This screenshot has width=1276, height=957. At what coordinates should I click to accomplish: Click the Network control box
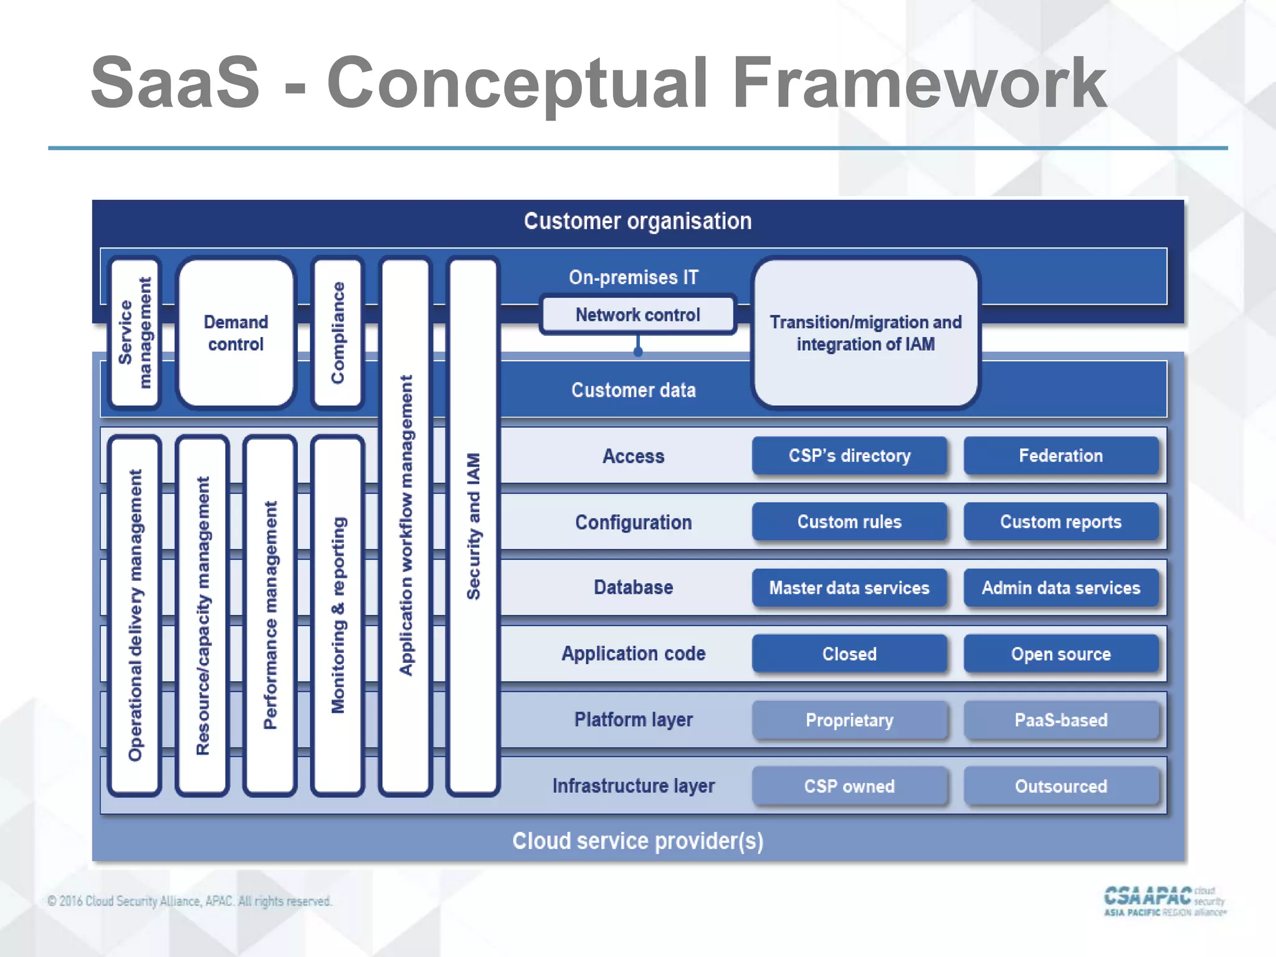click(637, 315)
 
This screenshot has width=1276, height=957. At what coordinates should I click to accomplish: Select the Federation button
click(1060, 455)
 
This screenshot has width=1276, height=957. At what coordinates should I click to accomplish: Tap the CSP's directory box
click(849, 455)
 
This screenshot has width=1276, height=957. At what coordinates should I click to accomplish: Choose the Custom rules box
click(849, 521)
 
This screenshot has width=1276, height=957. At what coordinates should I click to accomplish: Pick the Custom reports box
click(1060, 521)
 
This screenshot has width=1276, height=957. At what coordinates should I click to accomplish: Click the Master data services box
click(849, 588)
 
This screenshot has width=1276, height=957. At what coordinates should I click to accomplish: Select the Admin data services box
click(1060, 588)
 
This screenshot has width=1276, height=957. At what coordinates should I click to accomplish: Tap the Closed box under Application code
click(849, 654)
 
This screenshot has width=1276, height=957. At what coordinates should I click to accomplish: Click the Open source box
click(1060, 654)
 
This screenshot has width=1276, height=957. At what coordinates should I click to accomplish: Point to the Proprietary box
click(849, 720)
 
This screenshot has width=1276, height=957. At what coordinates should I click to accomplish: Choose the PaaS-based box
click(1060, 720)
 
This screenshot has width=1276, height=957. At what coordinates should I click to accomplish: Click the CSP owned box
click(849, 786)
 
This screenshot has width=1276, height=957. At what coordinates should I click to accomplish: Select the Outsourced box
click(1060, 786)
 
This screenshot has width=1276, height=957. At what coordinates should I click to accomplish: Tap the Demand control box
click(236, 333)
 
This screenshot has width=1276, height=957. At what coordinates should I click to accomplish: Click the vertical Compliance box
click(337, 333)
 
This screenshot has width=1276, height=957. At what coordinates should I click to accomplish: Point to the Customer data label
click(633, 390)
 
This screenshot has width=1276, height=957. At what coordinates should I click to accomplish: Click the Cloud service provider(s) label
click(637, 841)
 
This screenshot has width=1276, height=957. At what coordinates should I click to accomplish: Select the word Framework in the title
click(918, 83)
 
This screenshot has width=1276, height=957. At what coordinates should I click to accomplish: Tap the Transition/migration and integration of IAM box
click(865, 333)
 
